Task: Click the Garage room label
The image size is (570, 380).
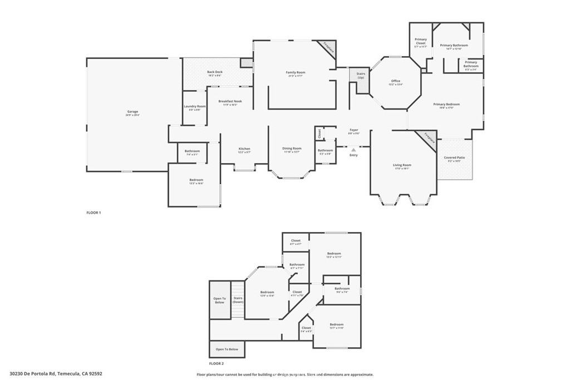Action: coord(132,112)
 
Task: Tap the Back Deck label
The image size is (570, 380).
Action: coord(215,72)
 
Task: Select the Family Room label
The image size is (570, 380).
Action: coord(296,72)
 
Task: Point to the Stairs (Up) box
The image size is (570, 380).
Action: coord(360,75)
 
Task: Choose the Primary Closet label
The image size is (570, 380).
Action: coord(421,41)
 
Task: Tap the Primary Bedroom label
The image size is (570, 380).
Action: coord(446,104)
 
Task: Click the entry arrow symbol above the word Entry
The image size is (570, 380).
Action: coord(353,149)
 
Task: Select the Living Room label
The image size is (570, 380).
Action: coord(402,165)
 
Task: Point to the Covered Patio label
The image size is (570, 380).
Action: coord(454,158)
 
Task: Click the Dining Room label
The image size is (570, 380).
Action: coord(292,149)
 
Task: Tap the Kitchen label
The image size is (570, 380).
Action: coord(244,149)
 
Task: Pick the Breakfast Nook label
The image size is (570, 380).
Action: coord(229,101)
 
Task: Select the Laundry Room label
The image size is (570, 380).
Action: coord(195,106)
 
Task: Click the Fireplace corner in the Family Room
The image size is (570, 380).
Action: coord(329,49)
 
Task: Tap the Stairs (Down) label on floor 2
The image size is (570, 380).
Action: coord(238,300)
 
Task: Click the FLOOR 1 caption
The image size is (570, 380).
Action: coord(94,213)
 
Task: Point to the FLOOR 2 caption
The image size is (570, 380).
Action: coord(216,363)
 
